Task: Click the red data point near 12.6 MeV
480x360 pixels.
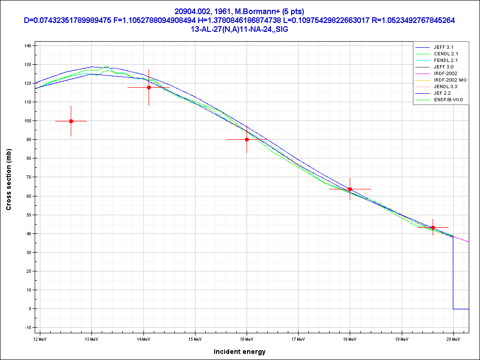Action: [x=71, y=121]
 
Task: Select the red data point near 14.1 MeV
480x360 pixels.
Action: [x=149, y=88]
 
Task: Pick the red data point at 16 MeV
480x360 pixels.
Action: [x=247, y=139]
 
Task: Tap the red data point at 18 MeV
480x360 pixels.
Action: [x=350, y=189]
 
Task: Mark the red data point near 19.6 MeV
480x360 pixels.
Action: [x=433, y=227]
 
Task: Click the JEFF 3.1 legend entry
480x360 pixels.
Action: [x=443, y=47]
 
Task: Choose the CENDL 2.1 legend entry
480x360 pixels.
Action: [x=446, y=54]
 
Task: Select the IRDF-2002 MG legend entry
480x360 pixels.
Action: [x=450, y=80]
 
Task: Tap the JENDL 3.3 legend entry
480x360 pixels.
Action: [x=446, y=87]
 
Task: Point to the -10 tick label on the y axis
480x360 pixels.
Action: [x=27, y=327]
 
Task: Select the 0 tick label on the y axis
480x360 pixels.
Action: [x=30, y=308]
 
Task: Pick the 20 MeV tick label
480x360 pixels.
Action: [x=453, y=338]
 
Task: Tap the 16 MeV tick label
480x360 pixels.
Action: [x=247, y=338]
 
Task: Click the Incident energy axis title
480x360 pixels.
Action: [x=239, y=352]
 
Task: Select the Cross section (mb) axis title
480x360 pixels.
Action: [x=8, y=179]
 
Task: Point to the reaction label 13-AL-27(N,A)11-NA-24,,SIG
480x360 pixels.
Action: [x=240, y=29]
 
